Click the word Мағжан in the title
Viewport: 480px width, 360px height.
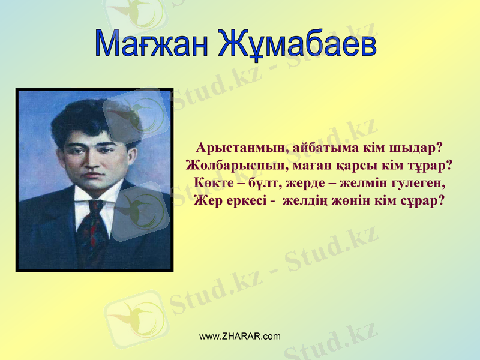(151, 44)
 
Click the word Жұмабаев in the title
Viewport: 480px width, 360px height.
(296, 44)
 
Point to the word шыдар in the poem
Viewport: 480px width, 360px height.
(413, 148)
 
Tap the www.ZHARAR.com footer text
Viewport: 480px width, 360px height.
(239, 336)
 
